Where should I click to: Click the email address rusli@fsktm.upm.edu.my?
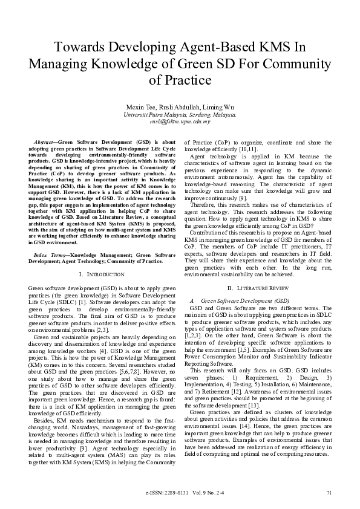(180, 121)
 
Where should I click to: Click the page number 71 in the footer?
(329, 493)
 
